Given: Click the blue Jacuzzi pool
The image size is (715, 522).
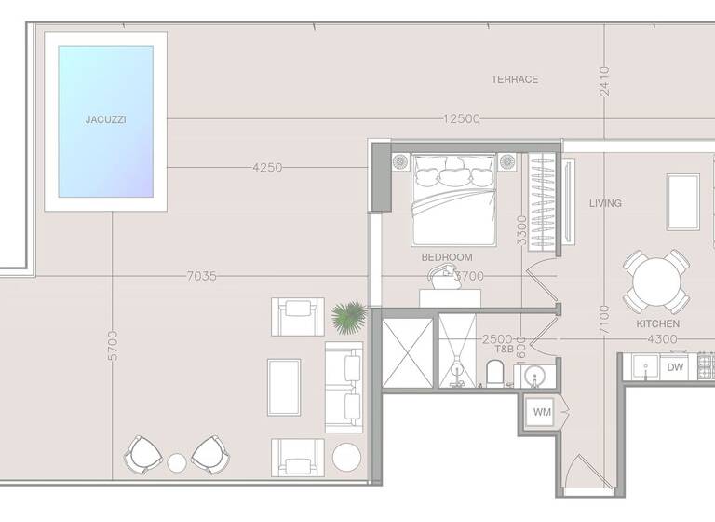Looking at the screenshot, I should (105, 121).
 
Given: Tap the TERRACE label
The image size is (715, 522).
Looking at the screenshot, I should (515, 79).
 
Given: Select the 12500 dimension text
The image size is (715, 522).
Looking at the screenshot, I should (462, 118).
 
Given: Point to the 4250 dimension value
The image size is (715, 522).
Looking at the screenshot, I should (267, 168).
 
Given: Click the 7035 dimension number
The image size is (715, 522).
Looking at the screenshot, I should (202, 275).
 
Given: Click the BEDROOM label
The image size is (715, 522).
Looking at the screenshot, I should (447, 257).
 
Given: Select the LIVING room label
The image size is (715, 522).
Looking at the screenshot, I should (605, 203).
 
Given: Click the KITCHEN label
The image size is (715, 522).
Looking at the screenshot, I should (657, 323).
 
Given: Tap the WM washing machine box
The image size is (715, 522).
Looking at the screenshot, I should (541, 411).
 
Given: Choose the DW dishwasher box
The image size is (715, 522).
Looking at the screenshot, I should (675, 367).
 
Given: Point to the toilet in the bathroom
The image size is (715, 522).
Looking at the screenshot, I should (495, 373).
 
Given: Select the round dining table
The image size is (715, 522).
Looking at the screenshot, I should (655, 281).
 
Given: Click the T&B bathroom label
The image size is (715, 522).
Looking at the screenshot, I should (504, 349).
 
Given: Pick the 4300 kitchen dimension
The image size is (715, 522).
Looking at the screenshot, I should (662, 338).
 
